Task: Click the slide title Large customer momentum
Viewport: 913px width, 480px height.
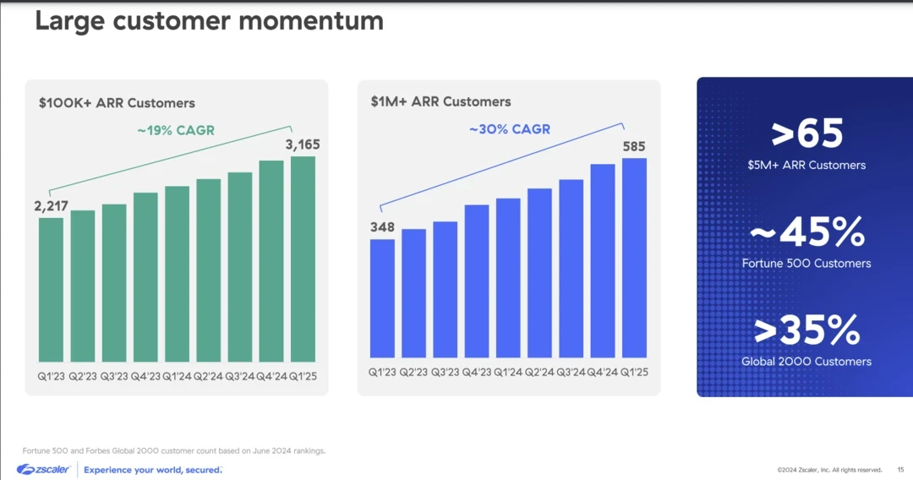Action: click(x=209, y=21)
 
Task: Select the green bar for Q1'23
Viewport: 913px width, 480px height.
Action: click(x=51, y=289)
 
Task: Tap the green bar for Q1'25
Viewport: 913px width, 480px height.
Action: click(x=303, y=259)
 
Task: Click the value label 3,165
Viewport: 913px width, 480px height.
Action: click(x=302, y=146)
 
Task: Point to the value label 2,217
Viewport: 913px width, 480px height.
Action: click(x=52, y=205)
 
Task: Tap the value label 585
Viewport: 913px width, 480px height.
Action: click(x=634, y=146)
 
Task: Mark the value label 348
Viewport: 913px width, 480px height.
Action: click(x=382, y=227)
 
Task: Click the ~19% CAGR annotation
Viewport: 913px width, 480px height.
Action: click(x=176, y=130)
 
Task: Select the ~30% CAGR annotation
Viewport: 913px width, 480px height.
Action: click(x=510, y=129)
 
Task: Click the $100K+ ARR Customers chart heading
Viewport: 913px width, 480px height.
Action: click(x=117, y=103)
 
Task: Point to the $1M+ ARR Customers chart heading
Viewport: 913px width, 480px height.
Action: click(x=440, y=101)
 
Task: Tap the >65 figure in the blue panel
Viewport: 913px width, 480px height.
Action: click(x=806, y=134)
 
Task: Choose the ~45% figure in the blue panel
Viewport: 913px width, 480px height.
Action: click(x=806, y=232)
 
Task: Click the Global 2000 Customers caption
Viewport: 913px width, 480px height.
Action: click(x=806, y=362)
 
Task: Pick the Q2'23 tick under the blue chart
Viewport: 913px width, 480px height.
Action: click(x=414, y=372)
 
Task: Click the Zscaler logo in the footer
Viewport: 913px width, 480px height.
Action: click(x=42, y=469)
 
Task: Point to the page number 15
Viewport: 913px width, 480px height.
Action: click(x=901, y=470)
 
